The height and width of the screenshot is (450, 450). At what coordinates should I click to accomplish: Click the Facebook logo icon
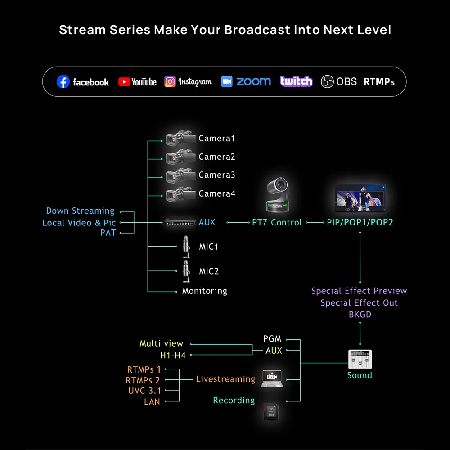[63, 82]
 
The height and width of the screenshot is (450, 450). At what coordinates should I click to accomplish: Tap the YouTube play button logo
[124, 82]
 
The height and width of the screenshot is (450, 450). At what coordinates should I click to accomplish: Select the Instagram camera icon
[170, 82]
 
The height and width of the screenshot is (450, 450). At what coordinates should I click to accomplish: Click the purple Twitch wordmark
[296, 81]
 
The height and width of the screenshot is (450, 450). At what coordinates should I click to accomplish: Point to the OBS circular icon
[327, 82]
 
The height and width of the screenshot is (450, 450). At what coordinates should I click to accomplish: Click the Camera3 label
[217, 175]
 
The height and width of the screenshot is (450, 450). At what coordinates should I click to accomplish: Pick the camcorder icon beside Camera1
[180, 138]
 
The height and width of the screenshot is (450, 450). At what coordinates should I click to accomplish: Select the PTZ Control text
[277, 222]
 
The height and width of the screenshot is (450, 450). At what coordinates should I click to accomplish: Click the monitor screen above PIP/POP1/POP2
[360, 198]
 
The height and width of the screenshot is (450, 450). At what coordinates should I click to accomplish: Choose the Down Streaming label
[80, 211]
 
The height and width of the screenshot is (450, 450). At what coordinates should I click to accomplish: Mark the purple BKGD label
[360, 315]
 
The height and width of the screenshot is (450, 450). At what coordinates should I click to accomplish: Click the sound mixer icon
[360, 360]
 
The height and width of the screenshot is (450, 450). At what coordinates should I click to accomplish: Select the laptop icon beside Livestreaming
[271, 378]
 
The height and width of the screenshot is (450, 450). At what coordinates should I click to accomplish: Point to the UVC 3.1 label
[144, 391]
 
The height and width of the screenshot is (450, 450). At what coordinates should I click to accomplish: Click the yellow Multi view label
[161, 343]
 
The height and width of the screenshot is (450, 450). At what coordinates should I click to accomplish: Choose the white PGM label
[272, 339]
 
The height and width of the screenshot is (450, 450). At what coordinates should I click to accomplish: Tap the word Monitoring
[204, 291]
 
